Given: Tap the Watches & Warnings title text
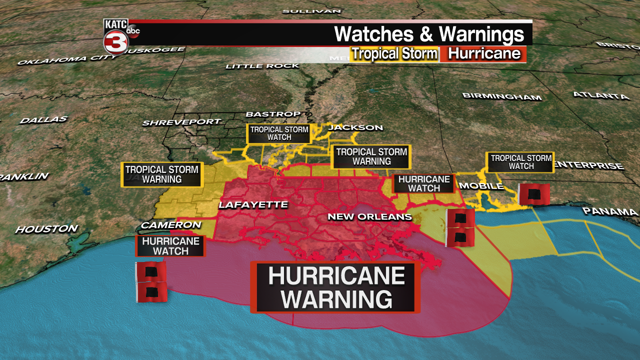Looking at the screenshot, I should [429, 34].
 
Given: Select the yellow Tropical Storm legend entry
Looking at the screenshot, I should [394, 53].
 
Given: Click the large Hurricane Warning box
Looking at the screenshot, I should [335, 287].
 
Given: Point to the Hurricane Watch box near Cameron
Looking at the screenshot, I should [170, 246].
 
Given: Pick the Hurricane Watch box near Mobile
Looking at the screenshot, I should [424, 183].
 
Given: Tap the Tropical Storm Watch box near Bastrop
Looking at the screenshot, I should [279, 133].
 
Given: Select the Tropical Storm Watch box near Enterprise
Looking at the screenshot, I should [520, 162].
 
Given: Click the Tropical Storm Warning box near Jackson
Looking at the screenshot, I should [371, 156].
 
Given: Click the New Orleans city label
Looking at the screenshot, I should [369, 216].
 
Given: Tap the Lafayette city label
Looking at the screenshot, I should [253, 205].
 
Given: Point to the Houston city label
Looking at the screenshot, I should [46, 229].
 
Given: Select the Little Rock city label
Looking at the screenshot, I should [262, 66].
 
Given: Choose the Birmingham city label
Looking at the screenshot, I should [501, 96].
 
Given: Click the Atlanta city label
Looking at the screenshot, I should [600, 95].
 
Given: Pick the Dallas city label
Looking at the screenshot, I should [43, 120].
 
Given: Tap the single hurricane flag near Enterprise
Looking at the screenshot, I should [534, 194].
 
